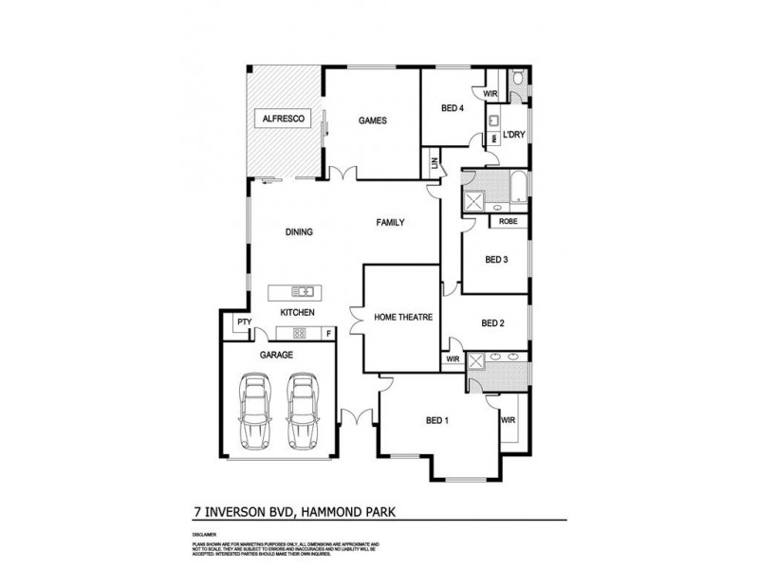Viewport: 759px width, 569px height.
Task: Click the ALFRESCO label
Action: pyautogui.click(x=283, y=120)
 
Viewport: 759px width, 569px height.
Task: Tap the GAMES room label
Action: pyautogui.click(x=371, y=120)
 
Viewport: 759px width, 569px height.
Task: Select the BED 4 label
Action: pyautogui.click(x=453, y=108)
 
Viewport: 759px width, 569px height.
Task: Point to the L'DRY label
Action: pyautogui.click(x=514, y=135)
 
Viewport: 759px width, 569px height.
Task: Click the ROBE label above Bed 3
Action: pyautogui.click(x=508, y=222)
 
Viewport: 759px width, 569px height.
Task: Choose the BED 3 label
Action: pyautogui.click(x=497, y=259)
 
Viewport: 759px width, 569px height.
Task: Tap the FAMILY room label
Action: pyautogui.click(x=390, y=223)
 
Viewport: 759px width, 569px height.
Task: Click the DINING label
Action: pyautogui.click(x=299, y=232)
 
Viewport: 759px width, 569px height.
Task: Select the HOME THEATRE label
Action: pyautogui.click(x=402, y=317)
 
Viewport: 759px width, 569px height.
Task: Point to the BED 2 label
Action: pyautogui.click(x=492, y=322)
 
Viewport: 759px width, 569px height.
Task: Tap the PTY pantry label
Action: pyautogui.click(x=244, y=322)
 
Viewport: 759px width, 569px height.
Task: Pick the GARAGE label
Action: pyautogui.click(x=277, y=355)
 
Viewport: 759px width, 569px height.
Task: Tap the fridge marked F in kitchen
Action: pyautogui.click(x=328, y=333)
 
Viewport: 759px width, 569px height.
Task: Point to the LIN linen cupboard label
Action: pyautogui.click(x=434, y=164)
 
